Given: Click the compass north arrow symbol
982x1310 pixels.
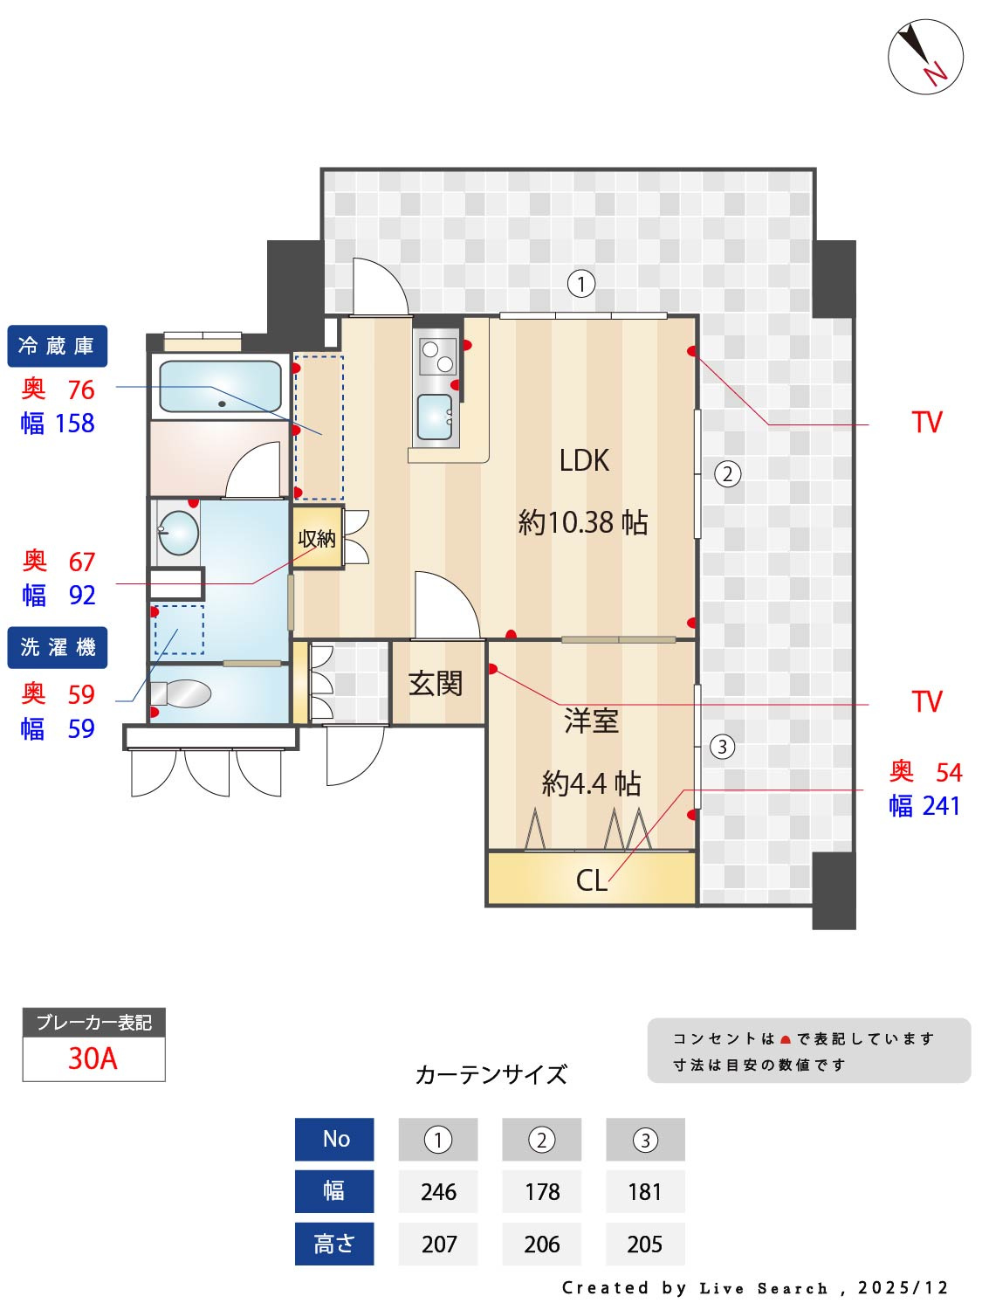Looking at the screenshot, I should pyautogui.click(x=925, y=57).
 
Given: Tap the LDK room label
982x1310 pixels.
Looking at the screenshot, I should pyautogui.click(x=584, y=460).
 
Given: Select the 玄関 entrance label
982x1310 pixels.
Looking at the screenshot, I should pyautogui.click(x=436, y=683).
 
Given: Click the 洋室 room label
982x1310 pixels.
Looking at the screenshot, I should pyautogui.click(x=591, y=721).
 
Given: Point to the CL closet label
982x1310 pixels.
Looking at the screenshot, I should pyautogui.click(x=591, y=879).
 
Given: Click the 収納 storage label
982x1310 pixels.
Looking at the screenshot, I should pyautogui.click(x=316, y=539).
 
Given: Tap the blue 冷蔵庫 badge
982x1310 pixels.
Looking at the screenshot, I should pyautogui.click(x=58, y=347).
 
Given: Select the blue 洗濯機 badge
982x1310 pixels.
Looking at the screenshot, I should pyautogui.click(x=58, y=648).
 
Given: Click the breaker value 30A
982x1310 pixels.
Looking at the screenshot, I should pyautogui.click(x=93, y=1058).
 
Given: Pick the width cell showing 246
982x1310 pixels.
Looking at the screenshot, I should pyautogui.click(x=438, y=1192).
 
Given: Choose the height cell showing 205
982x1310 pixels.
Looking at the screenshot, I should pyautogui.click(x=645, y=1244).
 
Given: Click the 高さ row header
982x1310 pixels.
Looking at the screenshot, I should pyautogui.click(x=334, y=1244).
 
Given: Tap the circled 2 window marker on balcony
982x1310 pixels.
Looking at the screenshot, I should pyautogui.click(x=727, y=474).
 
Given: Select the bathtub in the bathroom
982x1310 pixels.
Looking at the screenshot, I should pyautogui.click(x=221, y=386).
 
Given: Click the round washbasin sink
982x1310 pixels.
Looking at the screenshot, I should pyautogui.click(x=180, y=532).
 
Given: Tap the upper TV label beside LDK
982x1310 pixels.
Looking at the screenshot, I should pyautogui.click(x=927, y=423).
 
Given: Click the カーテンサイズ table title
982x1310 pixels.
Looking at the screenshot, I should pyautogui.click(x=491, y=1074).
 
